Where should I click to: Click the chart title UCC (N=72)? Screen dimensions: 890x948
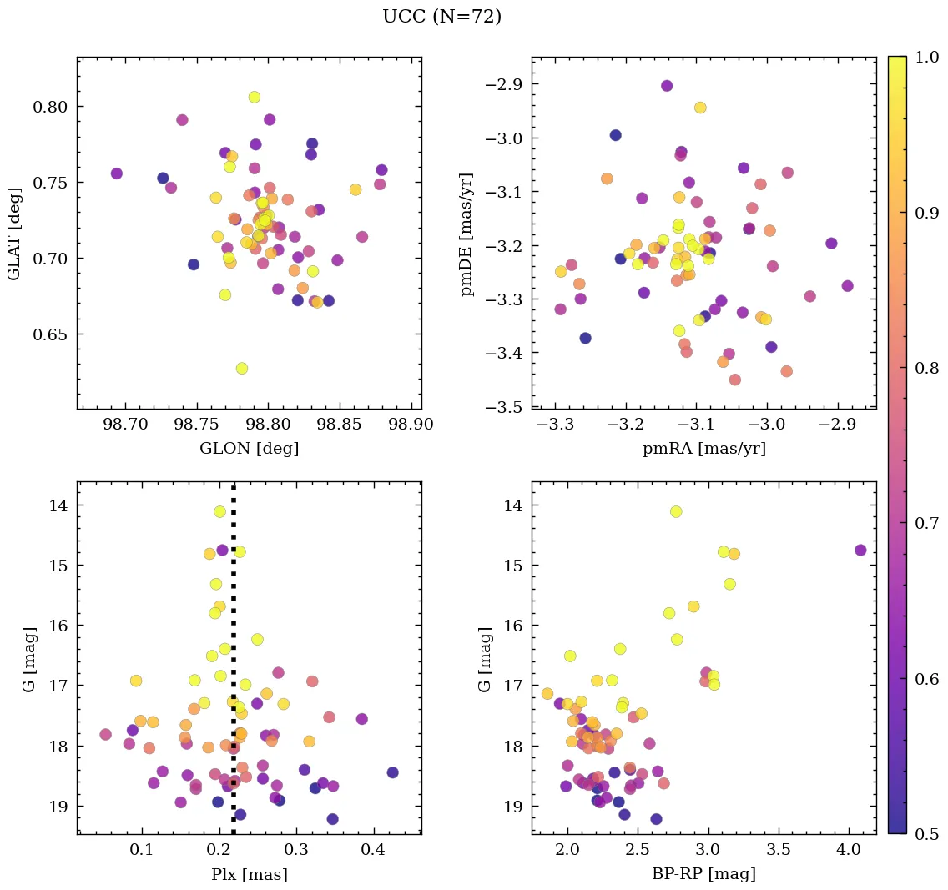pyautogui.click(x=441, y=17)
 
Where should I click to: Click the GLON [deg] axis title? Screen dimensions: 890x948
pyautogui.click(x=249, y=449)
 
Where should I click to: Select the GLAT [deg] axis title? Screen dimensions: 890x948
pyautogui.click(x=14, y=233)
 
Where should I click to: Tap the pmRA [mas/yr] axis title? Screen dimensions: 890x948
pyautogui.click(x=703, y=449)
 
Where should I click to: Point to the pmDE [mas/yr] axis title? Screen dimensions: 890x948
pyautogui.click(x=468, y=233)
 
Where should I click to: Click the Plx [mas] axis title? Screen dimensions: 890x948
pyautogui.click(x=249, y=874)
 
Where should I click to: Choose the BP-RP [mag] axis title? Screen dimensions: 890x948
pyautogui.click(x=703, y=874)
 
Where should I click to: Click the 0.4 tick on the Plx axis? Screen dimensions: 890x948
pyautogui.click(x=373, y=851)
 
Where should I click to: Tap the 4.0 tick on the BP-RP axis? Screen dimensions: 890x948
pyautogui.click(x=849, y=851)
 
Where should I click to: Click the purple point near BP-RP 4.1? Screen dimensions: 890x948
pyautogui.click(x=860, y=550)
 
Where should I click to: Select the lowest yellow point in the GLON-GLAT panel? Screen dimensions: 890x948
pyautogui.click(x=242, y=368)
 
